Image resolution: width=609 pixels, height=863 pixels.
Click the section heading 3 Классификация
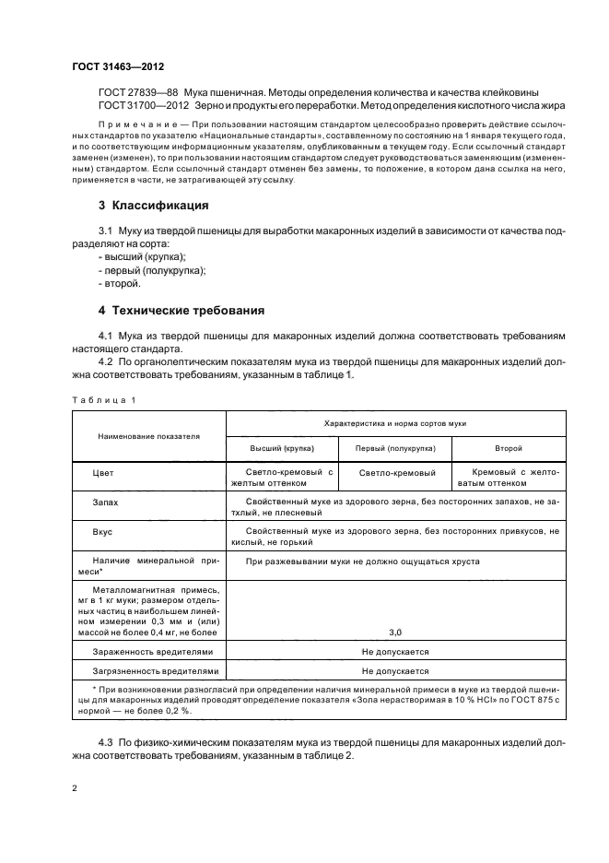point(153,204)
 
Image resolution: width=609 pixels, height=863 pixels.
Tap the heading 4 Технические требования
point(182,310)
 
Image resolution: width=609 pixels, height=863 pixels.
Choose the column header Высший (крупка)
point(282,447)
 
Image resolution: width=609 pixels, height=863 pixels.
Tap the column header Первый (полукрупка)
point(395,447)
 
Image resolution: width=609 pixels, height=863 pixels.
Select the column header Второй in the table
point(509,447)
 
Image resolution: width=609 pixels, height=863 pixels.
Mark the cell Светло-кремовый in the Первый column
point(395,473)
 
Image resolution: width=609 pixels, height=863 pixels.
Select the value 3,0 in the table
point(395,632)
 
